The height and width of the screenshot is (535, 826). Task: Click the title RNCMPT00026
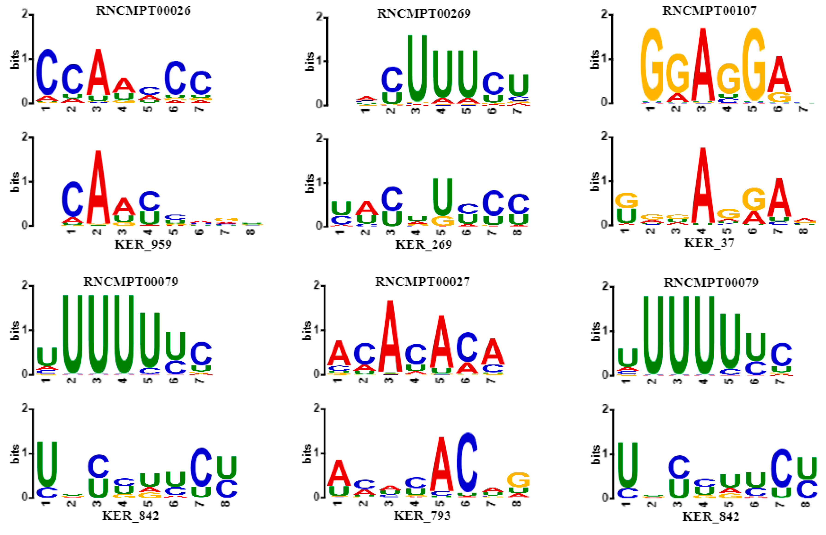click(x=143, y=10)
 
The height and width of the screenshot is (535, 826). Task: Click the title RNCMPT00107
click(x=709, y=11)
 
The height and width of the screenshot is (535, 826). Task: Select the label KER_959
click(x=143, y=244)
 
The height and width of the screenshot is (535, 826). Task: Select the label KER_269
click(x=423, y=244)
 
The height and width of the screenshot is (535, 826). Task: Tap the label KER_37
click(x=709, y=243)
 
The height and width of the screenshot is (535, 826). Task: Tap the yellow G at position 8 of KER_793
click(x=518, y=480)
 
